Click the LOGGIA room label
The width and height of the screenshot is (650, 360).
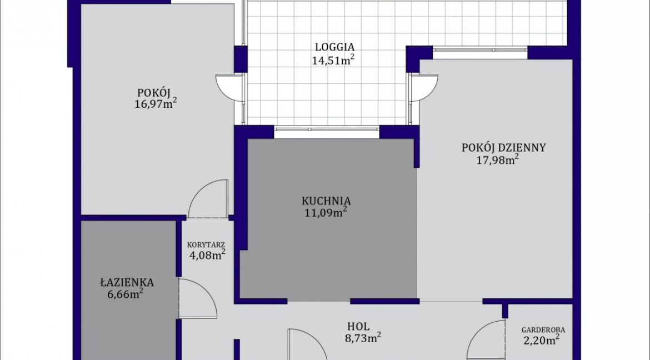pyautogui.click(x=334, y=47)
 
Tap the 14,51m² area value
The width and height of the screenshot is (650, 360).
pyautogui.click(x=333, y=60)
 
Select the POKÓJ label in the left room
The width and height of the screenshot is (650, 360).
pyautogui.click(x=154, y=92)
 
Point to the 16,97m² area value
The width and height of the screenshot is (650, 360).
pyautogui.click(x=156, y=103)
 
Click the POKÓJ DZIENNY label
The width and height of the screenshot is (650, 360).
pyautogui.click(x=504, y=148)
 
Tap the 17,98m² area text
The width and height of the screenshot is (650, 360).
pyautogui.click(x=498, y=159)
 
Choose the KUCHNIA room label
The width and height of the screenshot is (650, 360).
pyautogui.click(x=326, y=201)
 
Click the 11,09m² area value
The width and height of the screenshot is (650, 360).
pyautogui.click(x=326, y=213)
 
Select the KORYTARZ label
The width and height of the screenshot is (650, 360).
pyautogui.click(x=206, y=244)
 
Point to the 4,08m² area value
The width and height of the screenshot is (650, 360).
pyautogui.click(x=207, y=254)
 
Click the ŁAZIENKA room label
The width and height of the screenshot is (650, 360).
pyautogui.click(x=127, y=282)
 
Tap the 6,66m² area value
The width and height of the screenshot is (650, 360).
pyautogui.click(x=125, y=294)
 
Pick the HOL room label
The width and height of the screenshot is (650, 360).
pyautogui.click(x=358, y=327)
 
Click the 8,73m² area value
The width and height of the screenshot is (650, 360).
pyautogui.click(x=363, y=338)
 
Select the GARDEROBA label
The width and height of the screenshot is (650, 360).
pyautogui.click(x=543, y=330)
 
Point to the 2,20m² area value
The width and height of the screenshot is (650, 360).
pyautogui.click(x=541, y=341)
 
